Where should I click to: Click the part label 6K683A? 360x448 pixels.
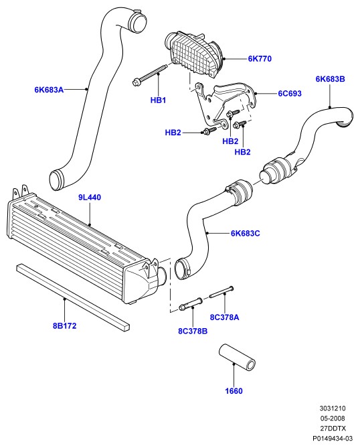pos(49,90)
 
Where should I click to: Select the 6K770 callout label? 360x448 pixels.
pos(260,59)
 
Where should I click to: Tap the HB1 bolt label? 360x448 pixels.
pos(158,100)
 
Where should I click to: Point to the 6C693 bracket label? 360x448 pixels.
pos(290,94)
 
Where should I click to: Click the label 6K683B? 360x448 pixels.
pos(330,79)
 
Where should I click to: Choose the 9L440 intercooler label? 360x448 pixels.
pos(90,198)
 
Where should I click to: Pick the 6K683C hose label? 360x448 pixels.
pos(245,234)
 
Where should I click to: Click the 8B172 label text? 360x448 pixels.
pos(65,326)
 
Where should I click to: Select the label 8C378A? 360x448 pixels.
pos(224,317)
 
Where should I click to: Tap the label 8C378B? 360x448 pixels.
pos(193,331)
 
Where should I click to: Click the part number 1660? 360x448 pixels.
pos(234,391)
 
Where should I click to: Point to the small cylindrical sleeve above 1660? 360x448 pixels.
pos(237,358)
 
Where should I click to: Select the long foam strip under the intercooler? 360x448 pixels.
pos(73,298)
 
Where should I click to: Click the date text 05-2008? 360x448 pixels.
pos(333,419)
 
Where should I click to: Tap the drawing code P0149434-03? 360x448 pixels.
pos(333,438)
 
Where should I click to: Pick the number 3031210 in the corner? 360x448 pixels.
pos(333,408)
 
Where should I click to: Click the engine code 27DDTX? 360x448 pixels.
pos(333,429)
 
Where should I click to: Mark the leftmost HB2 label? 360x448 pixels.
pos(173,133)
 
